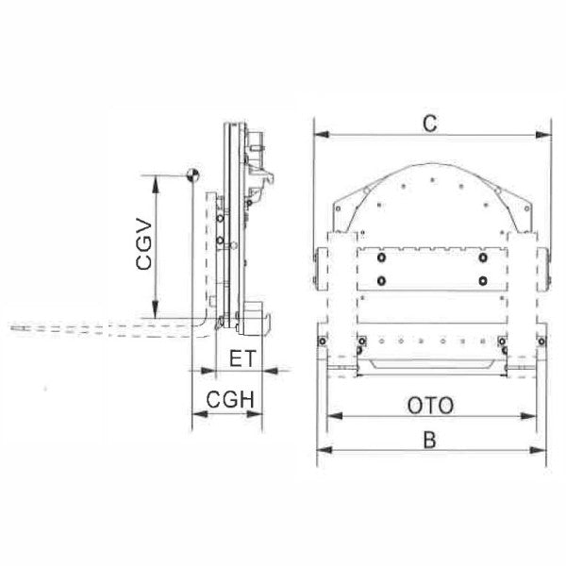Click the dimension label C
429,124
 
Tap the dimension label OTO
430,406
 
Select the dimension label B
429,440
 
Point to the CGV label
144,243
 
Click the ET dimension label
242,358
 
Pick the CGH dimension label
230,400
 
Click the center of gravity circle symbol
192,175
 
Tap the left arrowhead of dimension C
322,135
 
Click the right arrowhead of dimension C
543,135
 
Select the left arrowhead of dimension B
325,450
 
